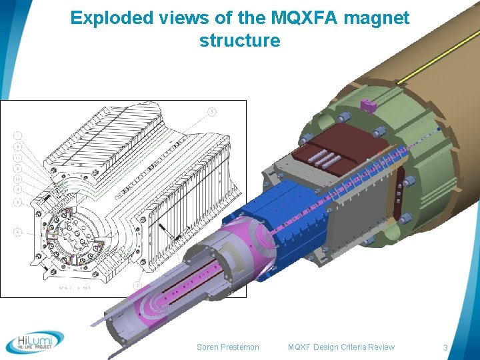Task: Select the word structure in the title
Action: [x=239, y=40]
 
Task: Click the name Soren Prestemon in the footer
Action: [x=228, y=347]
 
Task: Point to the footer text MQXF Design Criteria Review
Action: [x=341, y=347]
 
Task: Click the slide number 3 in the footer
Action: [x=445, y=347]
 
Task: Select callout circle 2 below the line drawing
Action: [x=137, y=286]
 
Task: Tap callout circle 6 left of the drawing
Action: [x=17, y=232]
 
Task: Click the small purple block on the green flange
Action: [x=366, y=105]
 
